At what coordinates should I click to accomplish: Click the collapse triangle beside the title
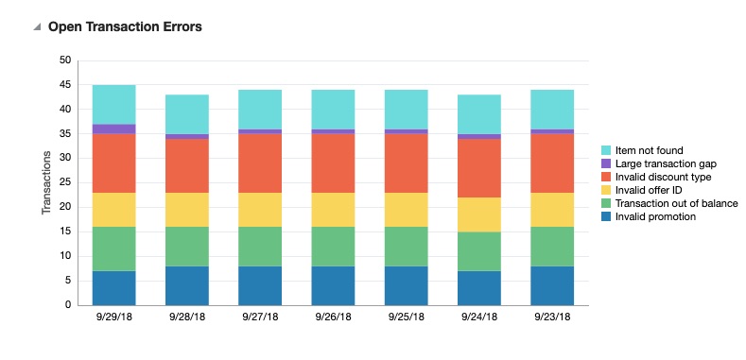tap(37, 27)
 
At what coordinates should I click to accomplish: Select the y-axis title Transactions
tap(46, 182)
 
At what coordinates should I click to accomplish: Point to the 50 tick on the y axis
tap(64, 60)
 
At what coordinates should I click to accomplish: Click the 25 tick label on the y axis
tap(64, 182)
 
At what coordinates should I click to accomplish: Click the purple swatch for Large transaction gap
tap(607, 163)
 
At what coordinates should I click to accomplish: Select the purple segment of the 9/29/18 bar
tap(113, 129)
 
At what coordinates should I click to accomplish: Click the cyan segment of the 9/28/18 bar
tap(187, 114)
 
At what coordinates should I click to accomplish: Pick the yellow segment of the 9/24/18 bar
tap(479, 214)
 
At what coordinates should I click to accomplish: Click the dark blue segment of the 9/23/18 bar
tap(552, 285)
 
